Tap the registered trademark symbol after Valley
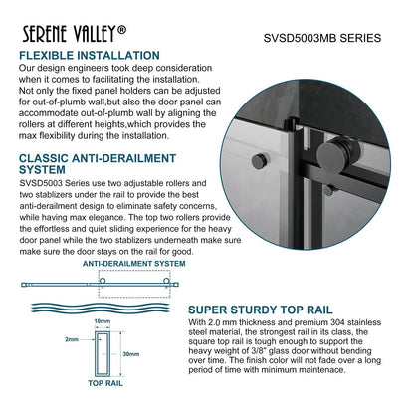click(x=121, y=30)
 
